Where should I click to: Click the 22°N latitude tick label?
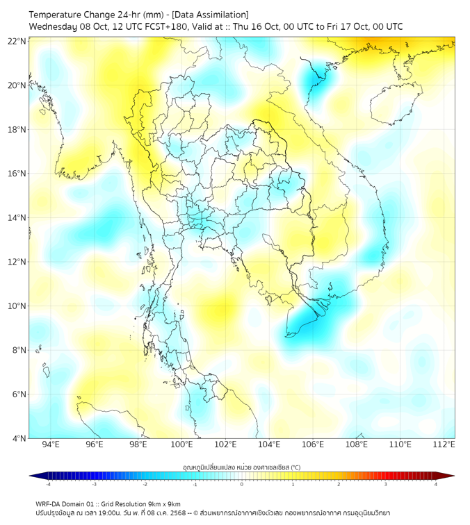click(x=17, y=41)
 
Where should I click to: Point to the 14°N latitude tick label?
click(x=17, y=218)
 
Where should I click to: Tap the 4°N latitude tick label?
click(x=19, y=438)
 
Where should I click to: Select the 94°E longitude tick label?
click(x=51, y=444)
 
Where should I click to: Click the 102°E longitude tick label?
click(x=225, y=444)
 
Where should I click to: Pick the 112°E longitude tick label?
click(x=444, y=444)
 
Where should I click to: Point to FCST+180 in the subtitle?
click(x=161, y=26)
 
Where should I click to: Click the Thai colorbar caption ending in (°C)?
click(x=241, y=467)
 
